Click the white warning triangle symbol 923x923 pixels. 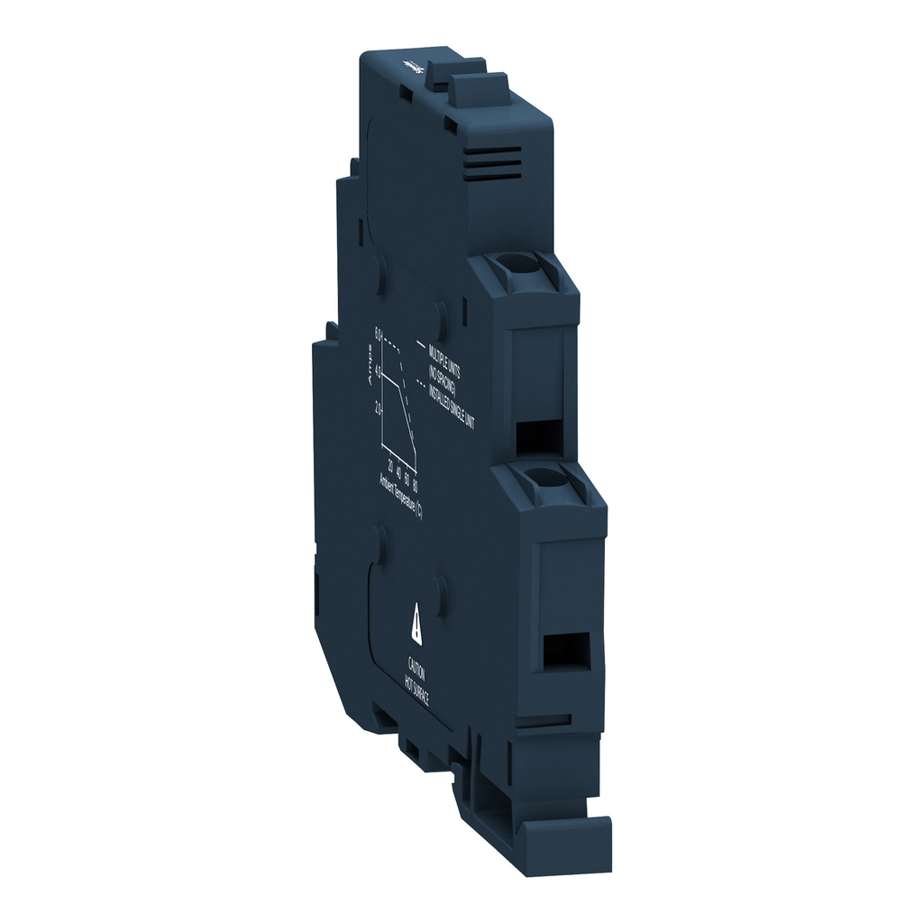416,623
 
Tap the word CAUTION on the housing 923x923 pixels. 416,671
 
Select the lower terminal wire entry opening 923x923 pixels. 566,651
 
